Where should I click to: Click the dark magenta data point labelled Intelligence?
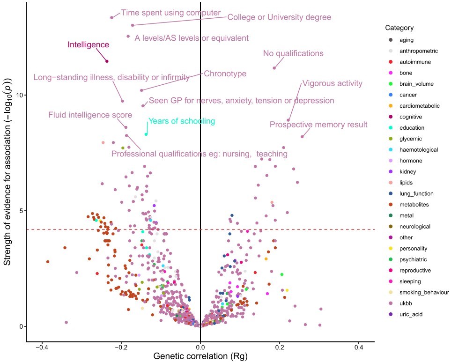pyautogui.click(x=107, y=61)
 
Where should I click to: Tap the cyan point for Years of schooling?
pyautogui.click(x=146, y=134)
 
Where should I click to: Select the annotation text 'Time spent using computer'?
pyautogui.click(x=170, y=13)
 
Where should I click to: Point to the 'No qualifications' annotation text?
pyautogui.click(x=293, y=54)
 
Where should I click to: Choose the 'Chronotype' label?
pyautogui.click(x=225, y=74)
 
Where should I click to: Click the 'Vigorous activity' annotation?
pyautogui.click(x=332, y=84)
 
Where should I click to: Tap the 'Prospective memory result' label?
pyautogui.click(x=318, y=125)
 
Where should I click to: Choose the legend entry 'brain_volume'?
pyautogui.click(x=416, y=84)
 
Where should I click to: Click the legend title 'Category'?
pyautogui.click(x=396, y=28)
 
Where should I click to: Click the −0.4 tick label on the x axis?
pyautogui.click(x=42, y=347)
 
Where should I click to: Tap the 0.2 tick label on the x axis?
pyautogui.click(x=280, y=347)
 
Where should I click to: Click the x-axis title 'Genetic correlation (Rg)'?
pyautogui.click(x=200, y=356)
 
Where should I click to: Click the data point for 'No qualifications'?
pyautogui.click(x=274, y=68)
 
